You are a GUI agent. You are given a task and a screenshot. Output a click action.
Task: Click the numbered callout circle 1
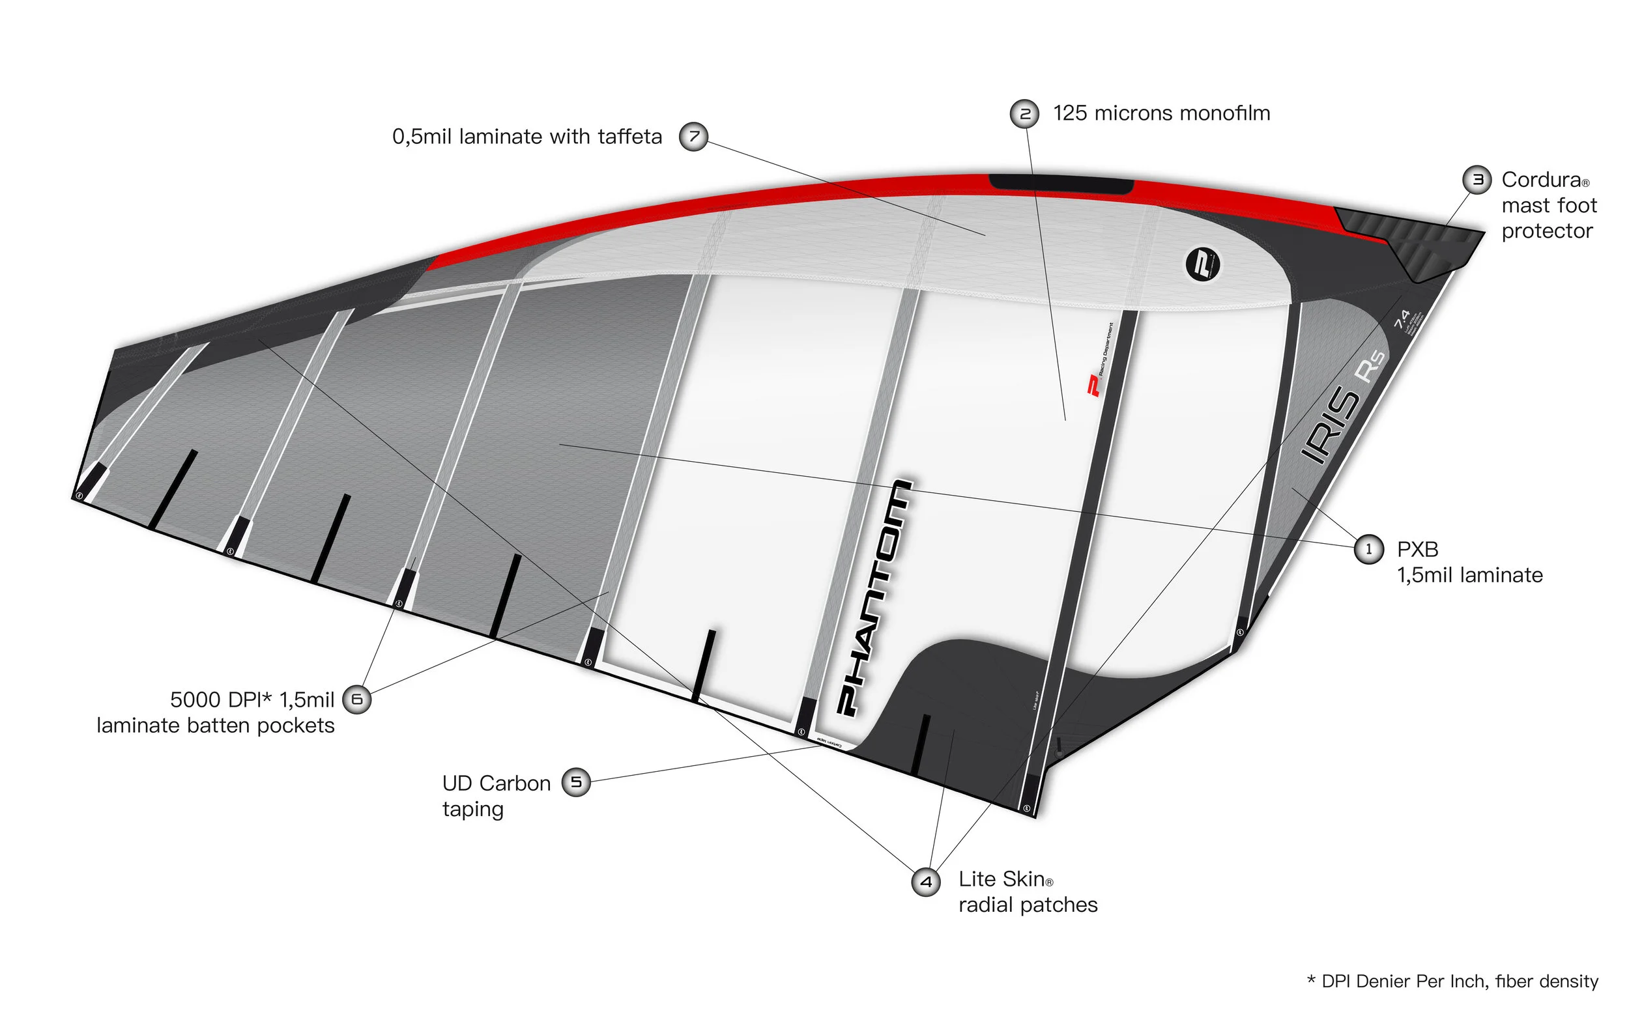pos(1368,550)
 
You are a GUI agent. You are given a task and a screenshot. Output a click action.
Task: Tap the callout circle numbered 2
pos(1025,114)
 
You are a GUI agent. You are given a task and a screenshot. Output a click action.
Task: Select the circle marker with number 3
pos(1477,180)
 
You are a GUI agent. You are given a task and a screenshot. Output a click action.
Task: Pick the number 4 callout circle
pos(926,881)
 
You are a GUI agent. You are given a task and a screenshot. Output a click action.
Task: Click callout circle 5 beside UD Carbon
pos(576,782)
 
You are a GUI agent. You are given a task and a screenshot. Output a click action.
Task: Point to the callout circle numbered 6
pos(357,699)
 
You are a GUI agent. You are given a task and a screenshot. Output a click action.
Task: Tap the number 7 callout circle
pos(693,137)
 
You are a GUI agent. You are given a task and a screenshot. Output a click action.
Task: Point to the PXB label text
pos(1417,550)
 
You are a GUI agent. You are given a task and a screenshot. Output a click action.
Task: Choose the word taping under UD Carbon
pos(473,809)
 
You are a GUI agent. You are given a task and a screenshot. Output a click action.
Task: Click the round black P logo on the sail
pos(1202,264)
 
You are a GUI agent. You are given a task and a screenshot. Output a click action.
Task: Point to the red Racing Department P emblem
pos(1093,386)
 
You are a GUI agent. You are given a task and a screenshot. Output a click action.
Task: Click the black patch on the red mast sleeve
pos(1061,183)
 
